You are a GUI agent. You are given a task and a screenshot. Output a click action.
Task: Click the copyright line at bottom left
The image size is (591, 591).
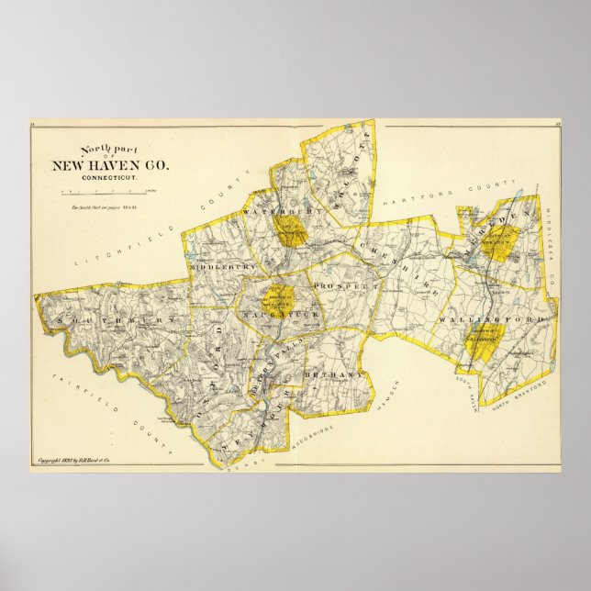[x=84, y=460]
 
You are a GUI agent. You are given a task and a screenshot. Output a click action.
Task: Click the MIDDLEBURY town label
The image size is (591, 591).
[x=218, y=266]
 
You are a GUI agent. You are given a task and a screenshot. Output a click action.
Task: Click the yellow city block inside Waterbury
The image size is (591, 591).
[x=290, y=232]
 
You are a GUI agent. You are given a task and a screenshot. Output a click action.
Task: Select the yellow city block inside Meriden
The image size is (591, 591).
[x=499, y=243]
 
